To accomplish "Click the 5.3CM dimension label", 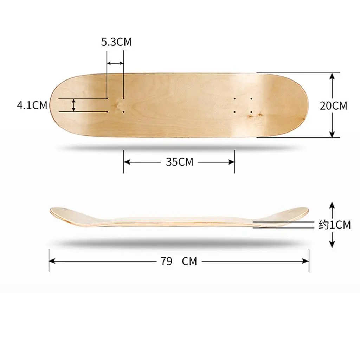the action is tap(116, 42).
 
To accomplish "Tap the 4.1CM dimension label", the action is tap(32, 105).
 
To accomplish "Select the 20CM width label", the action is tap(333, 105).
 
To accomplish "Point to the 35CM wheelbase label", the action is tap(180, 162).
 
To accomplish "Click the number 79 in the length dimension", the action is tap(166, 261).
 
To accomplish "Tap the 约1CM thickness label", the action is tap(335, 225).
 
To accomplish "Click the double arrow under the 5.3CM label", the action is tap(115, 63).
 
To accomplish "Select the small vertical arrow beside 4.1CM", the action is tap(73, 105).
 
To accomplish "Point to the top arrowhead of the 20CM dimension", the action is tap(332, 76).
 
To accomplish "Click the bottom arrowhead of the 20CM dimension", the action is tap(332, 134).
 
